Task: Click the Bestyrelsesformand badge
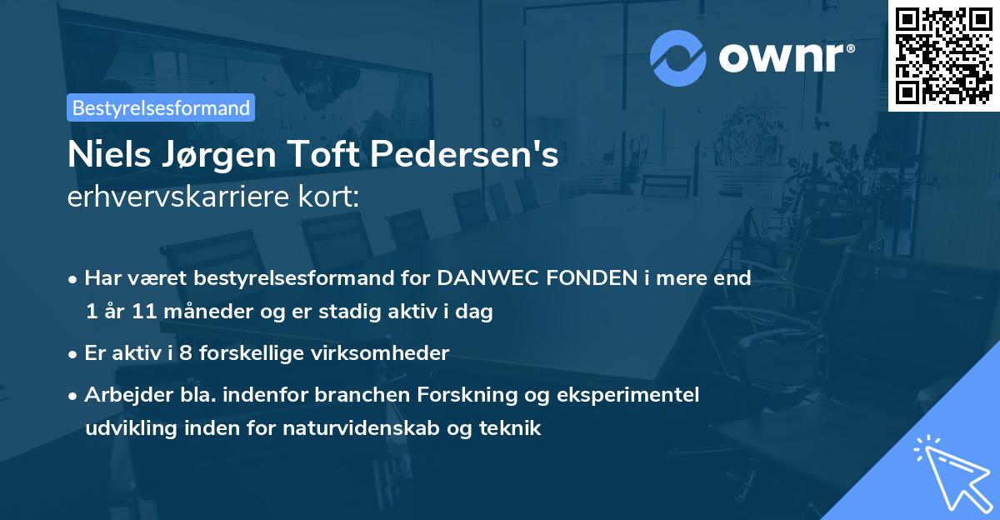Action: click(161, 107)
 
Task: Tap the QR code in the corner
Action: click(943, 55)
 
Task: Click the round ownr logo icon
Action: click(678, 57)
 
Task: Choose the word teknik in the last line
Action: click(514, 429)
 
